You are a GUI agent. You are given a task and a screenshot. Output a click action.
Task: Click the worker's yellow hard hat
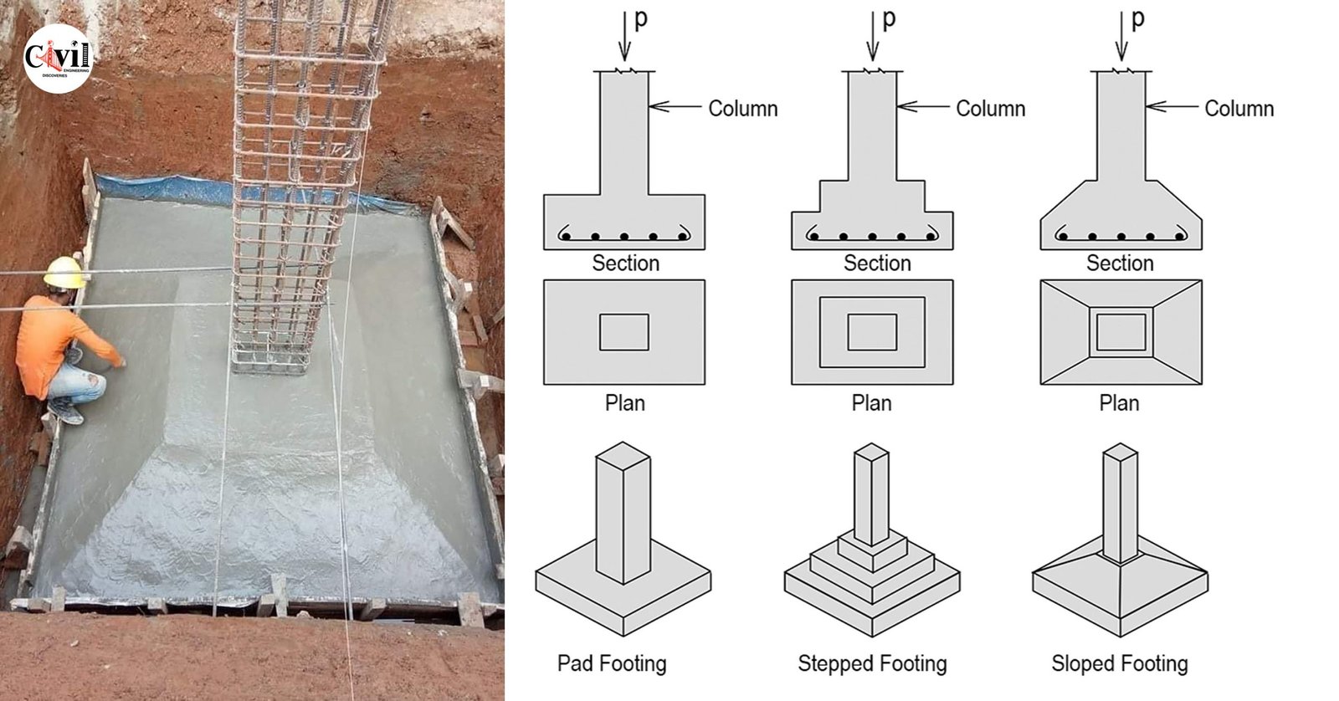click(x=64, y=273)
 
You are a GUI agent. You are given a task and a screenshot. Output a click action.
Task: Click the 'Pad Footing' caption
click(x=612, y=663)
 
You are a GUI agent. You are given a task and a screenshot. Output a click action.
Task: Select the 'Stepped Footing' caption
click(x=872, y=663)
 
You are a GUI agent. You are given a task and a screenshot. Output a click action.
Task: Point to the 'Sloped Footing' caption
click(x=1120, y=663)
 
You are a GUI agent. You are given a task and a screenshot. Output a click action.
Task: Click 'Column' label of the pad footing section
click(x=743, y=109)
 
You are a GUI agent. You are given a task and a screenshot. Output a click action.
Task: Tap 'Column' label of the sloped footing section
click(x=1239, y=109)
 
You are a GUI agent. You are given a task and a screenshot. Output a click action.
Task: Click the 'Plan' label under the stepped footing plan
click(x=871, y=403)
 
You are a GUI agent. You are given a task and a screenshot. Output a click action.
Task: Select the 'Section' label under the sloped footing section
click(x=1120, y=264)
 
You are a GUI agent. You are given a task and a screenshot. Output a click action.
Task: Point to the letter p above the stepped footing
click(x=889, y=18)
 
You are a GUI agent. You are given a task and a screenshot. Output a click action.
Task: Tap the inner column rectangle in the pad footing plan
click(x=624, y=332)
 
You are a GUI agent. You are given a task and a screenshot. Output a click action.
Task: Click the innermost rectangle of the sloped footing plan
click(x=1121, y=332)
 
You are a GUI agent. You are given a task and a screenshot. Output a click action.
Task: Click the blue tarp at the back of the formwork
click(x=167, y=189)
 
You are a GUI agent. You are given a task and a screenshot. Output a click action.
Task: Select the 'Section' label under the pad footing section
click(x=625, y=264)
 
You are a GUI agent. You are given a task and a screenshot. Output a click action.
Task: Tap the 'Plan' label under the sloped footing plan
click(x=1119, y=403)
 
